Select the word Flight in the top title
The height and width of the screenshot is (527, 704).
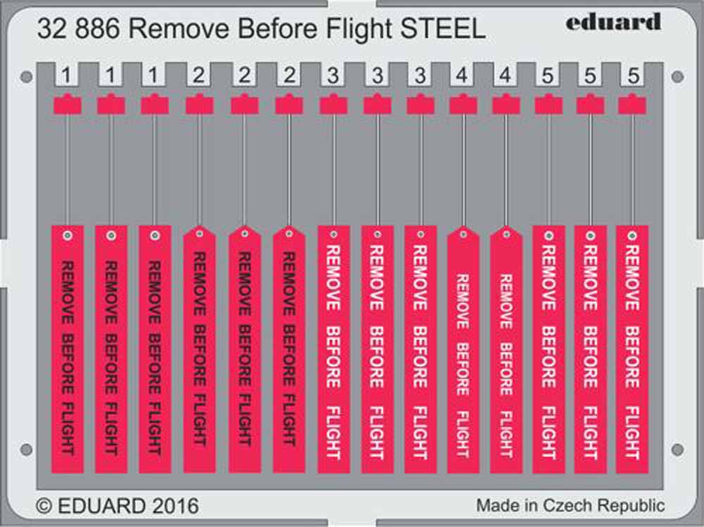tap(357, 30)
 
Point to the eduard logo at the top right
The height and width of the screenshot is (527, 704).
tap(613, 23)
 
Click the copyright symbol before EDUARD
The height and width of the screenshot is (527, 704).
tap(44, 506)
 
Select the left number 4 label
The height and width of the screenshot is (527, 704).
tap(463, 74)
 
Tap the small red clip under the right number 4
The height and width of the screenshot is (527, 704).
tap(505, 104)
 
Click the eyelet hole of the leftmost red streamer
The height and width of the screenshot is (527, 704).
tap(67, 236)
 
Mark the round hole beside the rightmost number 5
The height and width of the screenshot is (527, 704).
tap(677, 76)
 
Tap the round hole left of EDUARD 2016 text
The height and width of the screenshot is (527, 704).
tap(25, 449)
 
